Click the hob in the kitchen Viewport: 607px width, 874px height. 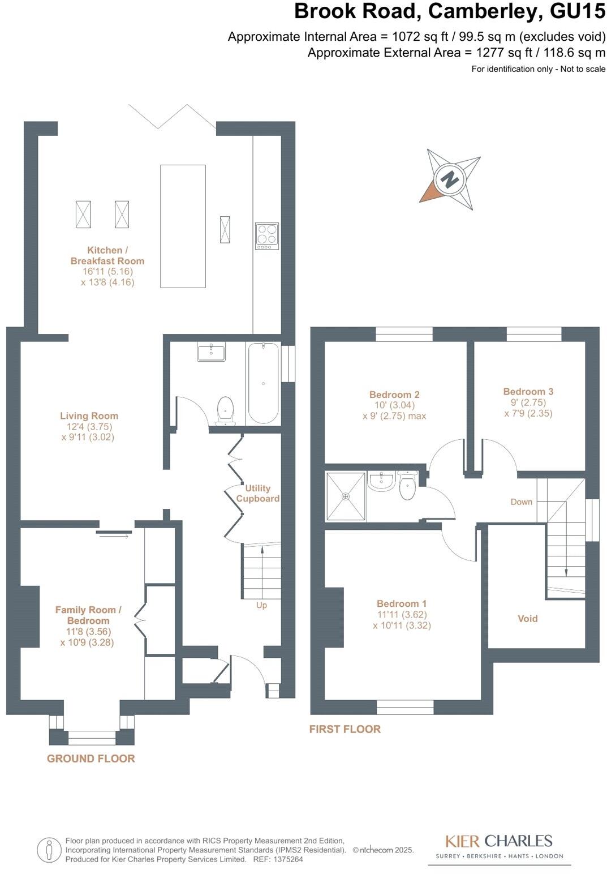click(267, 236)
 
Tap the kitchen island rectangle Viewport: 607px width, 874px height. click(183, 226)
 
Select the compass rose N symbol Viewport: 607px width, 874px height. click(450, 179)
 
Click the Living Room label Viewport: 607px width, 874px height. click(89, 415)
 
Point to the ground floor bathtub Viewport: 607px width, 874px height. click(263, 383)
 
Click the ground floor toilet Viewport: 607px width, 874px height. click(225, 410)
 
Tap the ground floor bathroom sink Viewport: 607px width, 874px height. click(211, 352)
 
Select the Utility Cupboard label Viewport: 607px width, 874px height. click(257, 493)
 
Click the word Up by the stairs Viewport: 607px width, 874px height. click(261, 605)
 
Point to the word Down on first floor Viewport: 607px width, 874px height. click(521, 502)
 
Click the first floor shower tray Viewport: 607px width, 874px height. click(346, 496)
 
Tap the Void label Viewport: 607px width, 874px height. click(527, 618)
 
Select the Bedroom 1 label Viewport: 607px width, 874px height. click(402, 603)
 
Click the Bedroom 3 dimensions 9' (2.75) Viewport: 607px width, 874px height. click(528, 402)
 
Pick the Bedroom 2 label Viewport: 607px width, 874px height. click(394, 395)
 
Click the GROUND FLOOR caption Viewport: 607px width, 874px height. click(91, 759)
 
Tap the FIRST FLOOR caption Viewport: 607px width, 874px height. click(345, 729)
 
